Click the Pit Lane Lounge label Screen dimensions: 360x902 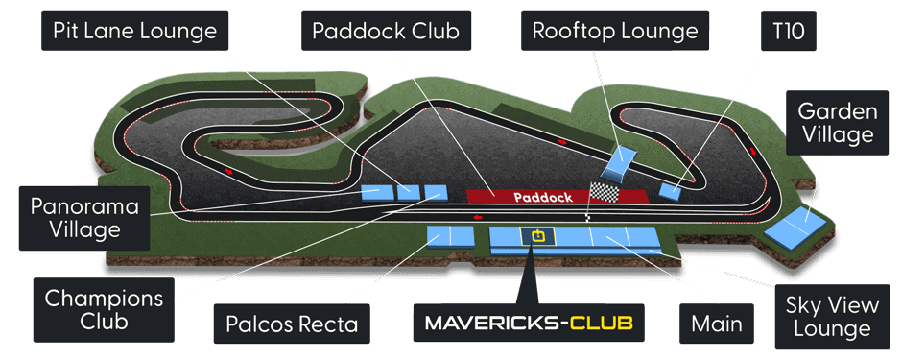pyautogui.click(x=134, y=32)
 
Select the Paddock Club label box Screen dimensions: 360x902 pyautogui.click(x=386, y=32)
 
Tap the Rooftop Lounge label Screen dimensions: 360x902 pyautogui.click(x=615, y=32)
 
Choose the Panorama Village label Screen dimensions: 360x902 pyautogui.click(x=84, y=218)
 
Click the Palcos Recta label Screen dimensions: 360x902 pyautogui.click(x=292, y=324)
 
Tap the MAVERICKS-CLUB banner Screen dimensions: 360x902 pyautogui.click(x=529, y=324)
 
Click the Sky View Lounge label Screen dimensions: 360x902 pyautogui.click(x=832, y=318)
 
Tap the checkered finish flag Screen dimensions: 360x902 pyautogui.click(x=605, y=192)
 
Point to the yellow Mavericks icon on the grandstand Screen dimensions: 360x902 pyautogui.click(x=534, y=235)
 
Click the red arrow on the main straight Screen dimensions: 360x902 pyautogui.click(x=478, y=218)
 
